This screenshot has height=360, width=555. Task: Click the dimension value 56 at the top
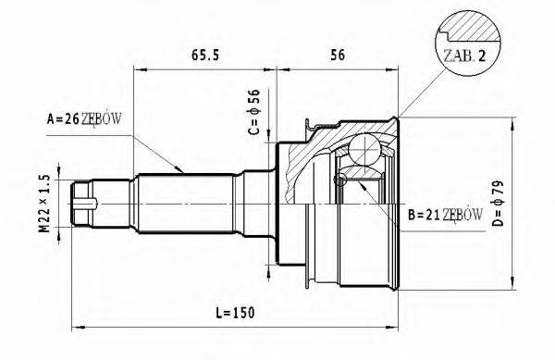point(338,55)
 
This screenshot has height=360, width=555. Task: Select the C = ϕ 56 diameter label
point(255,110)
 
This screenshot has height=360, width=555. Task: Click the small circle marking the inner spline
point(339,182)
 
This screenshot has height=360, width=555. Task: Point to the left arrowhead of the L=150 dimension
point(78,328)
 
